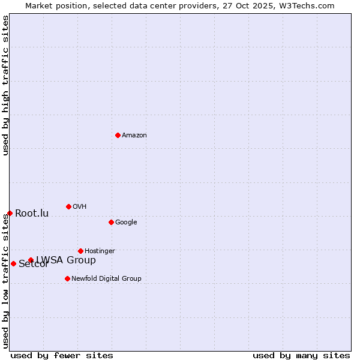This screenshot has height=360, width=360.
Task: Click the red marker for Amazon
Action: tap(118, 135)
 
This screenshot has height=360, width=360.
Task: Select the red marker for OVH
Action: tap(68, 206)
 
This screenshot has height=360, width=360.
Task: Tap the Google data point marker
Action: tap(111, 222)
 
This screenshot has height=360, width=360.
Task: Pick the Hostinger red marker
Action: tap(80, 251)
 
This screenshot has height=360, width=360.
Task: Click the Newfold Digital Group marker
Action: tap(67, 278)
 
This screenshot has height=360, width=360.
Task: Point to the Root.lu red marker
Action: tap(10, 213)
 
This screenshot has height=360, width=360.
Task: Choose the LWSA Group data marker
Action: tap(31, 260)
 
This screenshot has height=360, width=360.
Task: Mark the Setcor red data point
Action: tap(13, 263)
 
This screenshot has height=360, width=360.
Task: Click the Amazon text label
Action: tap(134, 136)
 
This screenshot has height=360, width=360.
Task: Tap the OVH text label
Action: tap(80, 207)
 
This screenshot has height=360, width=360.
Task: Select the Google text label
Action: tap(126, 223)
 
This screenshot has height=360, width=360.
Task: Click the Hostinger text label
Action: tap(100, 251)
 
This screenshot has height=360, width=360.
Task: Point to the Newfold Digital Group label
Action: tap(106, 278)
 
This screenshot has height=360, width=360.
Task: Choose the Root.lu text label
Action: tap(32, 214)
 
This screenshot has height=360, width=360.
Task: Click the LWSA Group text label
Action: tap(66, 260)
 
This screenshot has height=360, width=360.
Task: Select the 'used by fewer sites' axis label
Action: tap(62, 355)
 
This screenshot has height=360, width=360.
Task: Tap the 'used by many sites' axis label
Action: tap(301, 355)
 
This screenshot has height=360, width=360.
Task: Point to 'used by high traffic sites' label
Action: tap(5, 85)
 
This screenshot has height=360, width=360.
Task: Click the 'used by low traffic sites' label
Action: tap(5, 281)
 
